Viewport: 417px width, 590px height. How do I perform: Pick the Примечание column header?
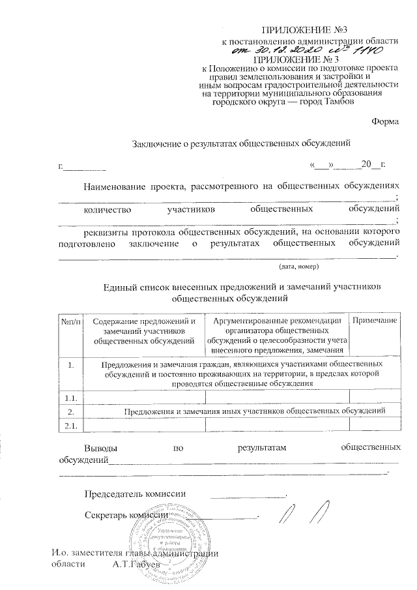[x=375, y=321]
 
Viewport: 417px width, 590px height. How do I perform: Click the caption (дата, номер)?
[x=298, y=267]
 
